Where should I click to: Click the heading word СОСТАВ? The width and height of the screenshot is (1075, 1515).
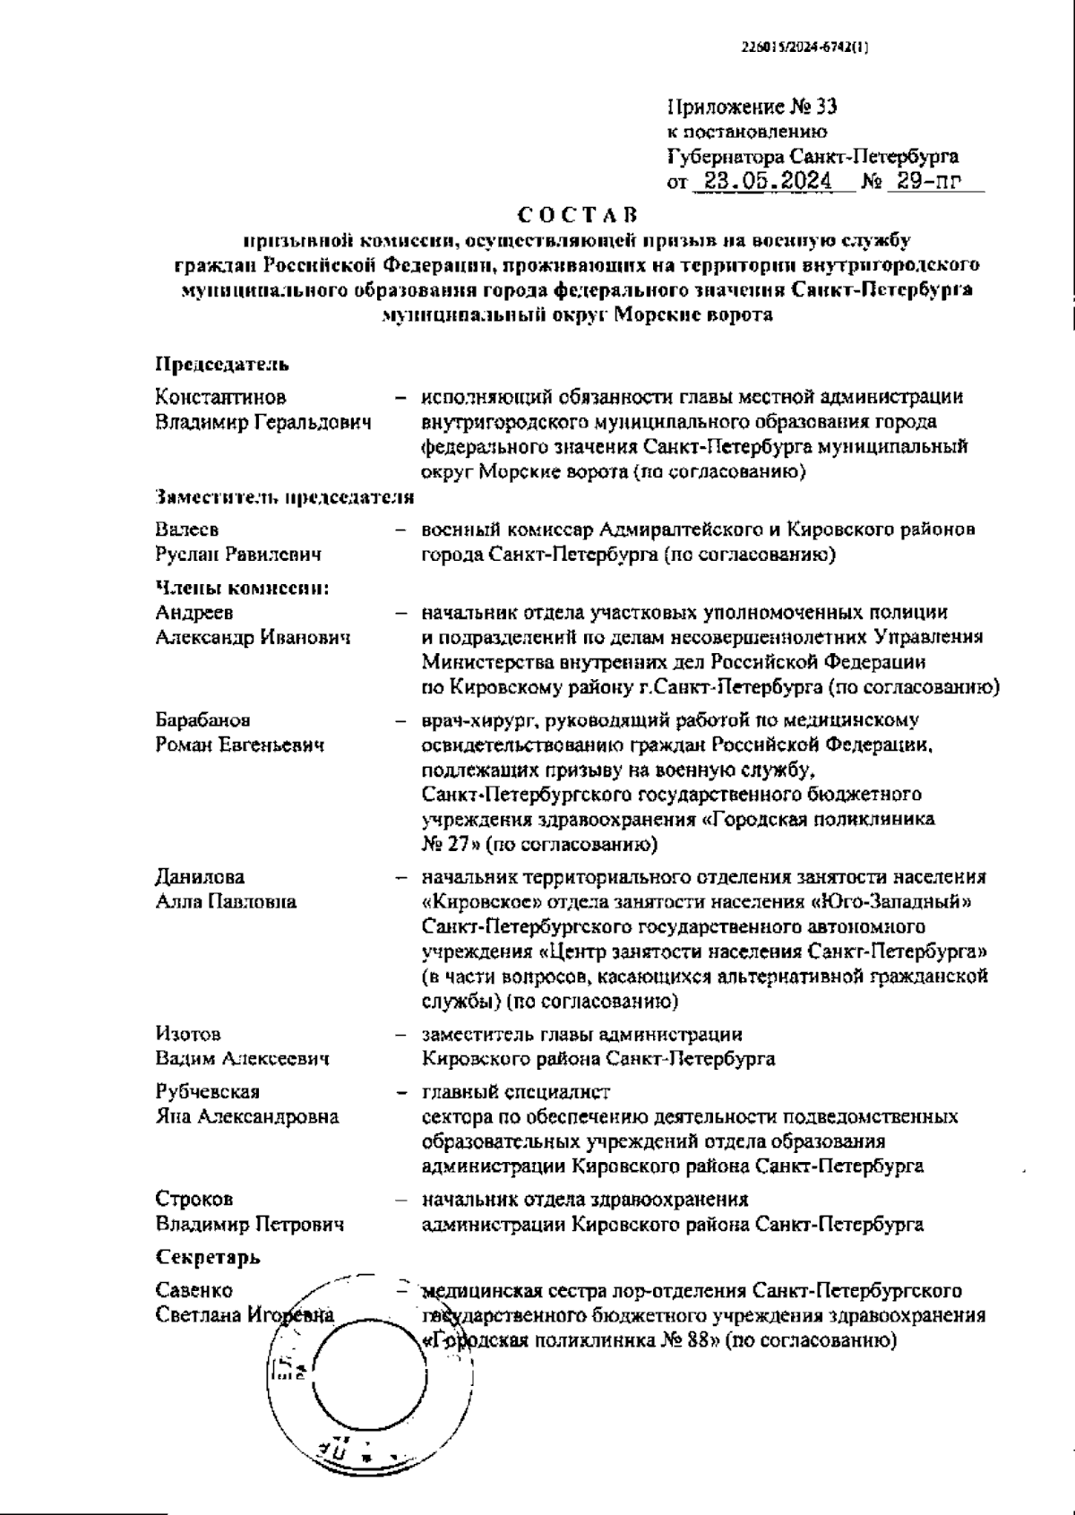pos(577,216)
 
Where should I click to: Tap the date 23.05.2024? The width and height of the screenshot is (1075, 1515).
pos(766,182)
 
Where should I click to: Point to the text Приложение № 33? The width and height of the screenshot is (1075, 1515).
pos(752,108)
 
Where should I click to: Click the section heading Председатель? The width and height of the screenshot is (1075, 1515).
pos(222,365)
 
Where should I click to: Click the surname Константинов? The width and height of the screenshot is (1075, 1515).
pos(220,396)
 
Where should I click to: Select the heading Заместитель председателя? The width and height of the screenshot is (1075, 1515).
pos(284,497)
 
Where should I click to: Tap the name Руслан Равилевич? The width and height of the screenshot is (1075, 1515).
pos(238,555)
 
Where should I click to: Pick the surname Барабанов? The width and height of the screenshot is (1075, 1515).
pos(202,719)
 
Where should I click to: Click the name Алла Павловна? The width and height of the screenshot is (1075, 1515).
pos(226,901)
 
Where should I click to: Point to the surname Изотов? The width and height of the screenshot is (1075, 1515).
pos(187,1034)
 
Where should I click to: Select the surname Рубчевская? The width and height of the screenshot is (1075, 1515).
pos(207,1091)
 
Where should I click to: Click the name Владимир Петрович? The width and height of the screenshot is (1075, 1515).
pos(249,1224)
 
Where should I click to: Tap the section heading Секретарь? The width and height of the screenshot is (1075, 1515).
pos(208,1257)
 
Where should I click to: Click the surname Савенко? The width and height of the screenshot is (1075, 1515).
pos(193,1290)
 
